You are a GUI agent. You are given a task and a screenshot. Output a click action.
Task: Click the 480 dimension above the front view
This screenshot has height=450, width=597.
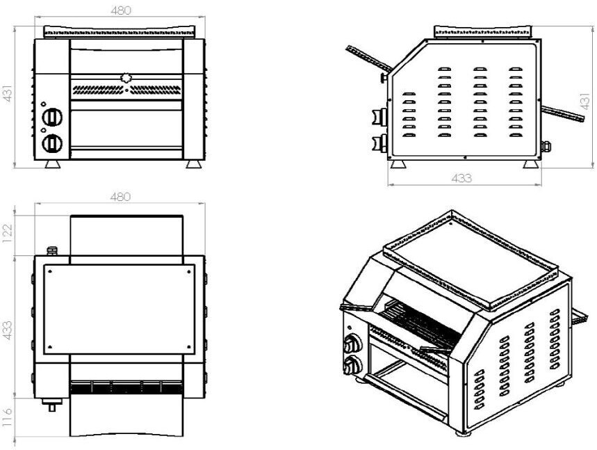click(x=120, y=10)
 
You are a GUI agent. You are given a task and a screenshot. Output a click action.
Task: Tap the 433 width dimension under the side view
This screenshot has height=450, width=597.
click(x=461, y=178)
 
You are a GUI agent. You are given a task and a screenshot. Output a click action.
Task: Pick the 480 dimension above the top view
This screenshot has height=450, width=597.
click(x=120, y=197)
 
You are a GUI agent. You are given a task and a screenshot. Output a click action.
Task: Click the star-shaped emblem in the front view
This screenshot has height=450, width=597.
click(x=125, y=78)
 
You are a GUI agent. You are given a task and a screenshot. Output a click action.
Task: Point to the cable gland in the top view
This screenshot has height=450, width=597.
click(x=51, y=250)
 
